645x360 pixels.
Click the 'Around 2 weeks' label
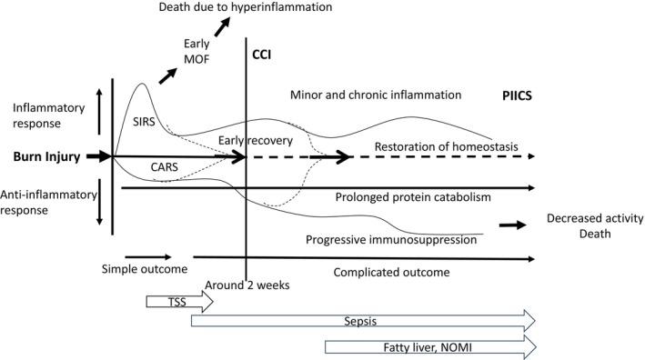coord(247,285)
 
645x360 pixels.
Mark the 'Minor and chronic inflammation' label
coord(376,95)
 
